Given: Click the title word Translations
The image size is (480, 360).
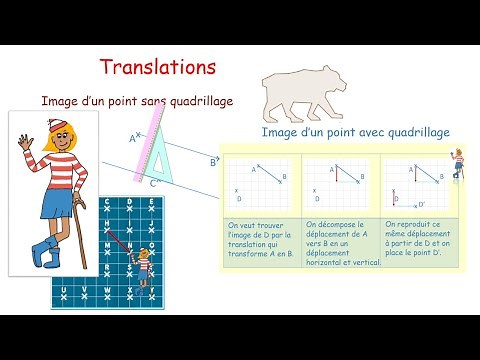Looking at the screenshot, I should pyautogui.click(x=158, y=68).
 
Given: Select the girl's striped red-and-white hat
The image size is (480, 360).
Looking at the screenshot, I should pyautogui.click(x=59, y=128).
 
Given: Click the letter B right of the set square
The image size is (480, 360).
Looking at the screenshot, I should pyautogui.click(x=212, y=161).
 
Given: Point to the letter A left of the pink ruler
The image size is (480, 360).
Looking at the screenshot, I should pyautogui.click(x=133, y=139).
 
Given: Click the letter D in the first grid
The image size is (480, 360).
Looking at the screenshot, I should pyautogui.click(x=238, y=199).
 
